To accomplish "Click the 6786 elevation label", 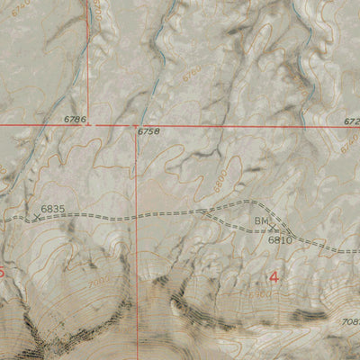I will point(76,119).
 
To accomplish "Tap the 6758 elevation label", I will point(148,131).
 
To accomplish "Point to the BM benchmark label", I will point(261,220).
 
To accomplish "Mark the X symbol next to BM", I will point(274,228).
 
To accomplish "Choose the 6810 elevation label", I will point(280,240).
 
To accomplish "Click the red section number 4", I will point(274,277).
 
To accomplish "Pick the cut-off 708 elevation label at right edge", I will point(350,322).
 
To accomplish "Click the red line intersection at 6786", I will point(88,125).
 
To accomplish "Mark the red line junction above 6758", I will point(136,125).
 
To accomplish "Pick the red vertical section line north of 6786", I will point(89,54).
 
